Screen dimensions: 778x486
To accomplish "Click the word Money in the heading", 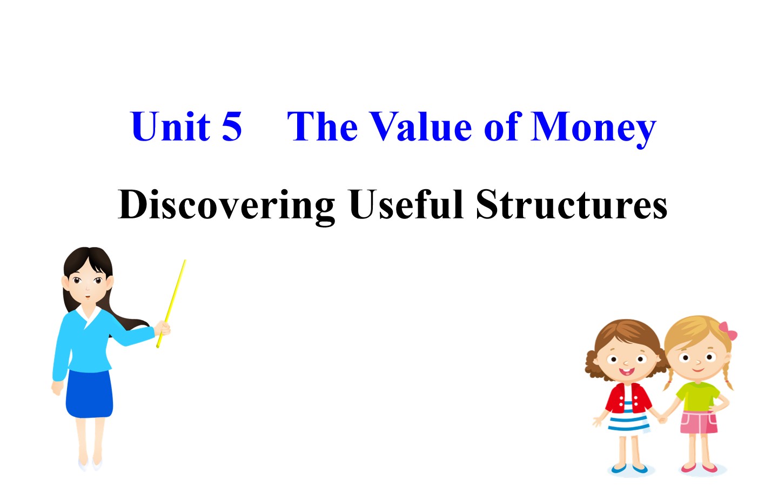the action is (593, 129).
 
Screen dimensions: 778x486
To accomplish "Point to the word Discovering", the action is (226, 206).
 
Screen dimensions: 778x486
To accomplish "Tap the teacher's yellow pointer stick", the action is (171, 303).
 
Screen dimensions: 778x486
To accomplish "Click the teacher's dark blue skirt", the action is (89, 394).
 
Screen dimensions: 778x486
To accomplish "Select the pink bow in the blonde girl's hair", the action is (728, 331).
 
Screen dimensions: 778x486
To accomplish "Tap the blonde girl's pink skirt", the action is (699, 422).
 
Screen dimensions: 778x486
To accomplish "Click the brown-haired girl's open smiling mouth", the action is (627, 371).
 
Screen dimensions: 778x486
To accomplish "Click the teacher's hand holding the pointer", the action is (162, 328).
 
